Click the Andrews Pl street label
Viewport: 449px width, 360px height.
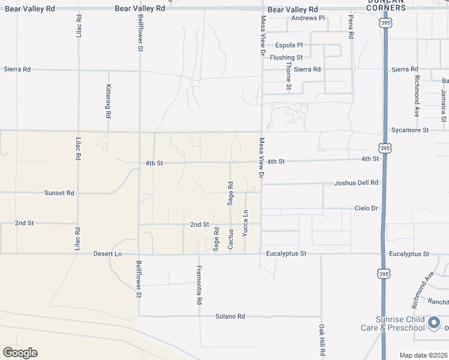tap(307, 18)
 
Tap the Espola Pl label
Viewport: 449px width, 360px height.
tap(289, 45)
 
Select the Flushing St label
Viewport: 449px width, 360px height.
tap(286, 57)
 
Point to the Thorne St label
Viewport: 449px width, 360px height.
tap(289, 76)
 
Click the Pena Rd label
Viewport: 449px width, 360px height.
tap(351, 27)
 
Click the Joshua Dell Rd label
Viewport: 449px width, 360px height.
tap(357, 182)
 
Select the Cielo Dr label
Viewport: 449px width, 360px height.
tap(366, 208)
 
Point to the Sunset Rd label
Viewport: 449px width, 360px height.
tap(59, 193)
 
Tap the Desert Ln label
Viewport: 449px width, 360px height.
tap(107, 254)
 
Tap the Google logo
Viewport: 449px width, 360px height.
tap(20, 352)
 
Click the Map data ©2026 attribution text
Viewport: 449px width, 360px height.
tap(423, 355)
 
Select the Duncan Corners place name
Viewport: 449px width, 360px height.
tap(386, 5)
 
